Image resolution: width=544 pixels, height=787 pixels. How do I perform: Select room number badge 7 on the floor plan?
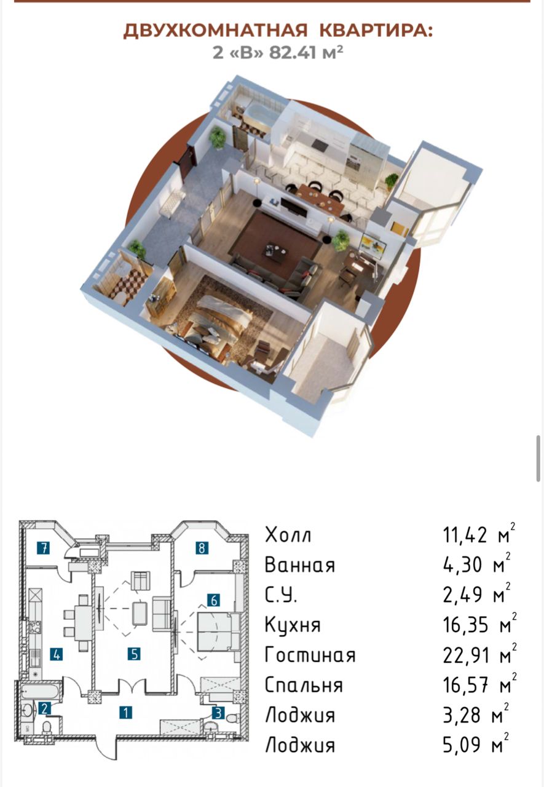(x=43, y=548)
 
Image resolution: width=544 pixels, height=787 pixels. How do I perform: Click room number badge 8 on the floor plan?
(x=202, y=548)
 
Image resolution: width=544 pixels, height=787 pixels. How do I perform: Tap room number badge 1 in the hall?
(x=126, y=713)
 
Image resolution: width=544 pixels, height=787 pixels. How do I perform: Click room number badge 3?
(x=218, y=713)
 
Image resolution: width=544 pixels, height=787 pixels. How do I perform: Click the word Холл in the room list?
(x=288, y=536)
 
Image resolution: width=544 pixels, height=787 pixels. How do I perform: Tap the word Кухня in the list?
(x=293, y=626)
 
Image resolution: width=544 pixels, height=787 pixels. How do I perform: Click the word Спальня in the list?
(x=304, y=686)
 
